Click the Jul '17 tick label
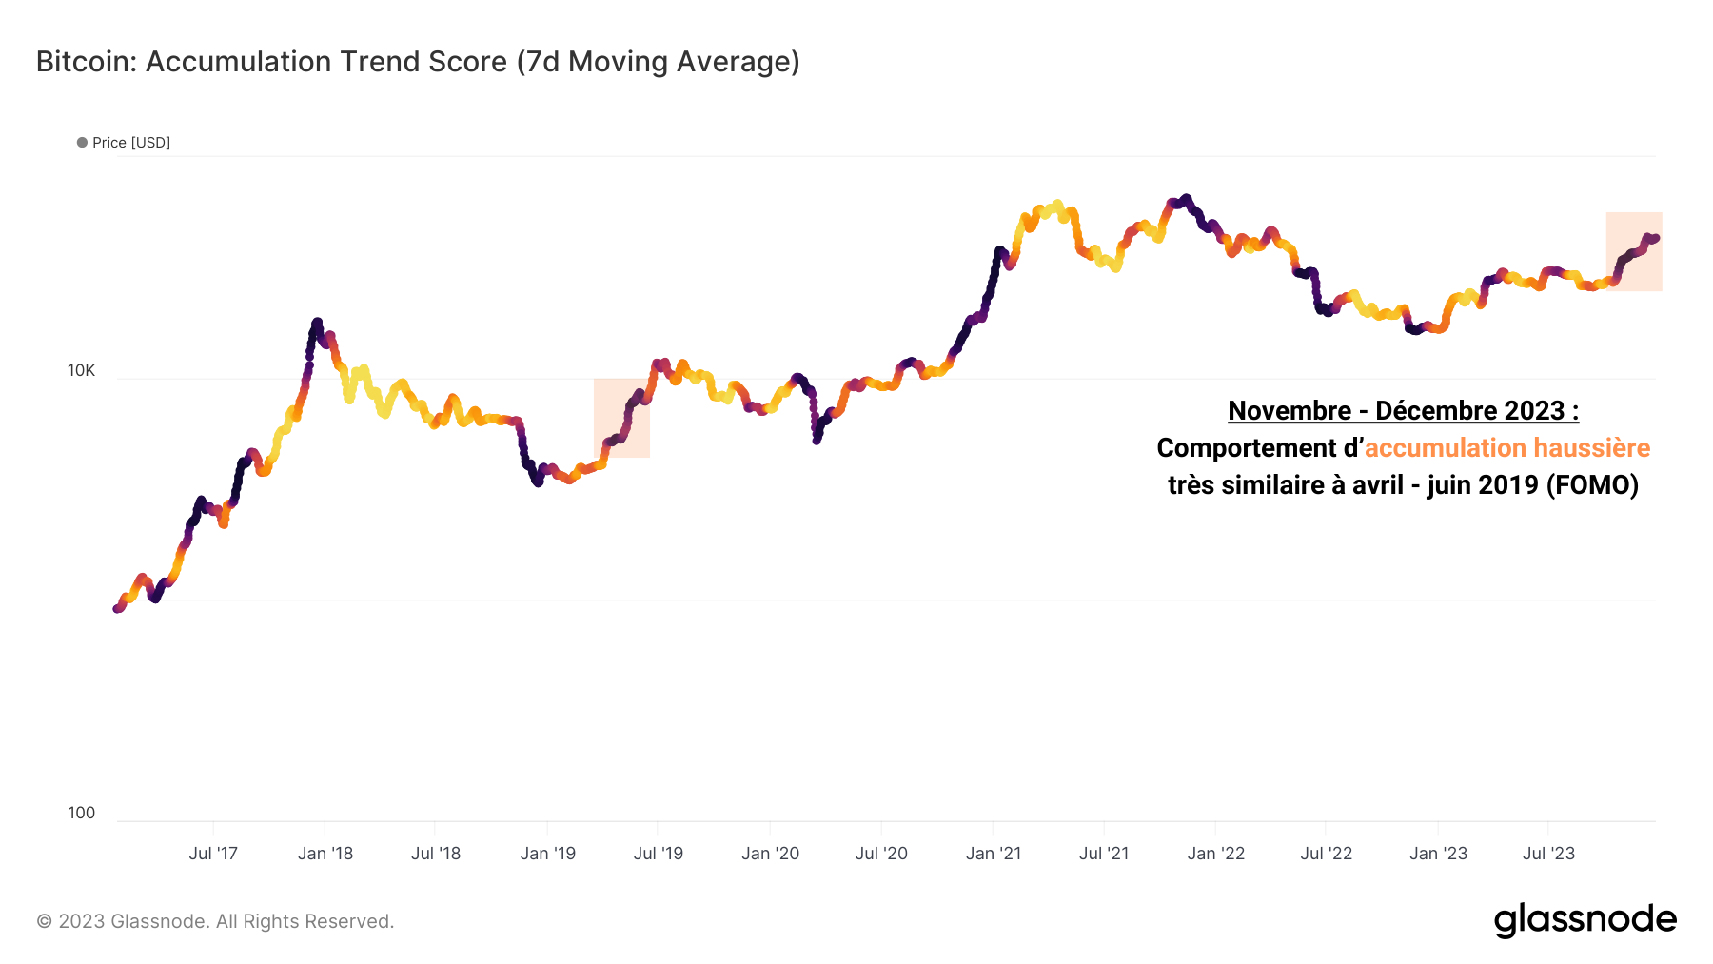[213, 854]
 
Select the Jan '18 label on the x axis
[325, 854]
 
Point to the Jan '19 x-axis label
[548, 854]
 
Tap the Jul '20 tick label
[881, 854]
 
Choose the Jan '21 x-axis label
[994, 854]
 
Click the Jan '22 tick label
[1216, 854]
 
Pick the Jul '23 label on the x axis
[1548, 854]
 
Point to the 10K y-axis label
[81, 371]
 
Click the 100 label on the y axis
[81, 813]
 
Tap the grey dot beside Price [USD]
[82, 143]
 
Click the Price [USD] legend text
[131, 143]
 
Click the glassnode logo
[1585, 920]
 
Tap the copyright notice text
[215, 921]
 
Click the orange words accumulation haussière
[1506, 448]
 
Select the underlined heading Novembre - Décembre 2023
[1403, 411]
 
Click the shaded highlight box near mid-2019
[621, 419]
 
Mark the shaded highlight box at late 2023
[1634, 251]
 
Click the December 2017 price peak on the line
[317, 322]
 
